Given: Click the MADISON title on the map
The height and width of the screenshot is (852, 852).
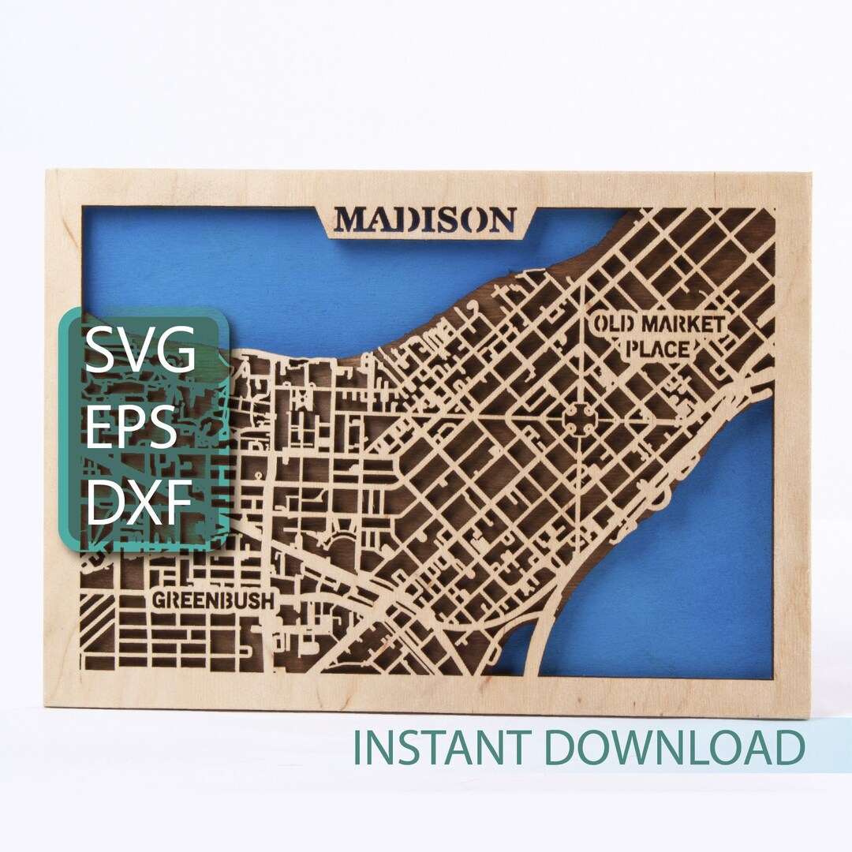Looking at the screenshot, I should click(x=425, y=219).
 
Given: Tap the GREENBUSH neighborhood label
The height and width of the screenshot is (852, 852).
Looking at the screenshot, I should click(x=213, y=600).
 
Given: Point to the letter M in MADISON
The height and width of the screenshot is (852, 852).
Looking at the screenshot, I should click(x=351, y=219).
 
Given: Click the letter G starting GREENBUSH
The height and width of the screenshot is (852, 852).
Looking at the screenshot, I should click(x=158, y=600).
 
